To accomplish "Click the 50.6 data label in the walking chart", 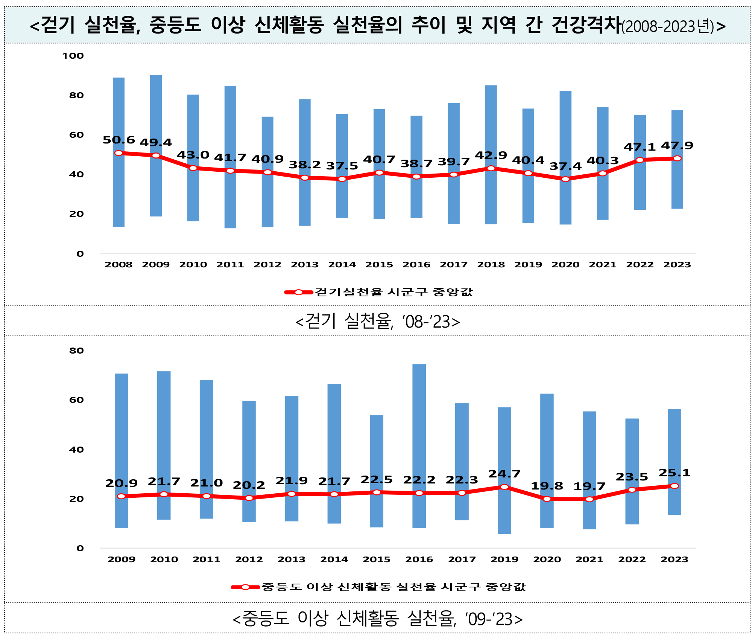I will point(118,140).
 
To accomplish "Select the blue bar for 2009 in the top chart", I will point(156,113).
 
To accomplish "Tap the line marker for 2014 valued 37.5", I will point(342,179).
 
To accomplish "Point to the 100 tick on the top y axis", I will point(73,56).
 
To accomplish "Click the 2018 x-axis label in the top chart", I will point(491,265).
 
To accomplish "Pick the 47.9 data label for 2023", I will point(677,146).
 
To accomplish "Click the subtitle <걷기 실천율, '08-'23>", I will point(377,322).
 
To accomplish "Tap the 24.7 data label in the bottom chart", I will point(504,474).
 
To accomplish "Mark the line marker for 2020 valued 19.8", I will point(547,499).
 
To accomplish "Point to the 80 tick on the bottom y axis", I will point(76,351).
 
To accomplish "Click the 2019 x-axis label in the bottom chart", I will point(504,560).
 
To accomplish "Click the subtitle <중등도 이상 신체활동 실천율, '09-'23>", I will point(377,619).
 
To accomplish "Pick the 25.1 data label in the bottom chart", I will point(674,473).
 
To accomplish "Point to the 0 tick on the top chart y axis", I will point(80,254).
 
